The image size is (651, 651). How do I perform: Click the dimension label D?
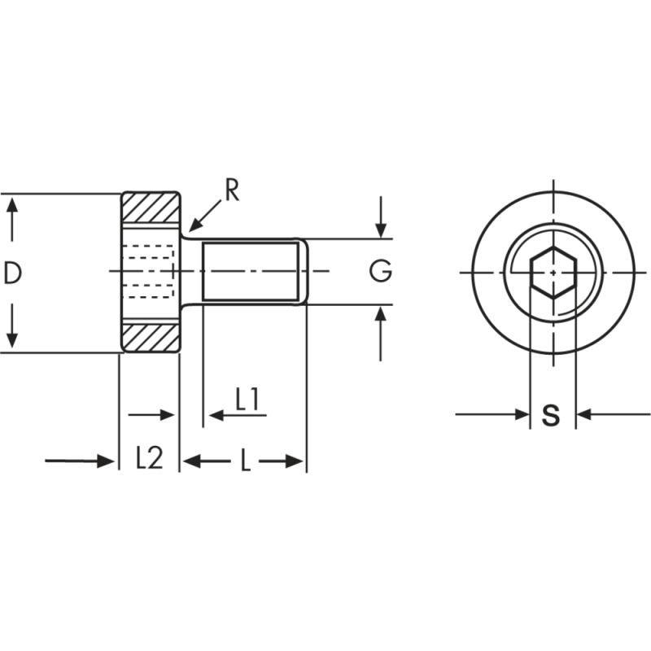coord(11,273)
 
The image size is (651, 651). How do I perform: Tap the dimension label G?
coord(380,272)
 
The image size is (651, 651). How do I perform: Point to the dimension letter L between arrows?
coord(244,461)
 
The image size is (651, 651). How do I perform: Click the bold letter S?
coord(552,415)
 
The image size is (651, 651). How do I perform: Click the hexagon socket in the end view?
coord(553,272)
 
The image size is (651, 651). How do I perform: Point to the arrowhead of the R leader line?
coord(191,229)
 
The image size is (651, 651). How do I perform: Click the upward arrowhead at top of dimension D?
coord(11,203)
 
